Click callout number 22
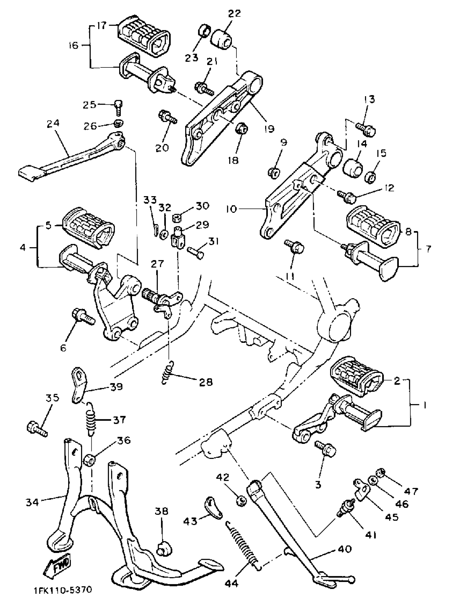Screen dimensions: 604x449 tap(234, 13)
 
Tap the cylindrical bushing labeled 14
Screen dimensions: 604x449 tap(353, 168)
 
